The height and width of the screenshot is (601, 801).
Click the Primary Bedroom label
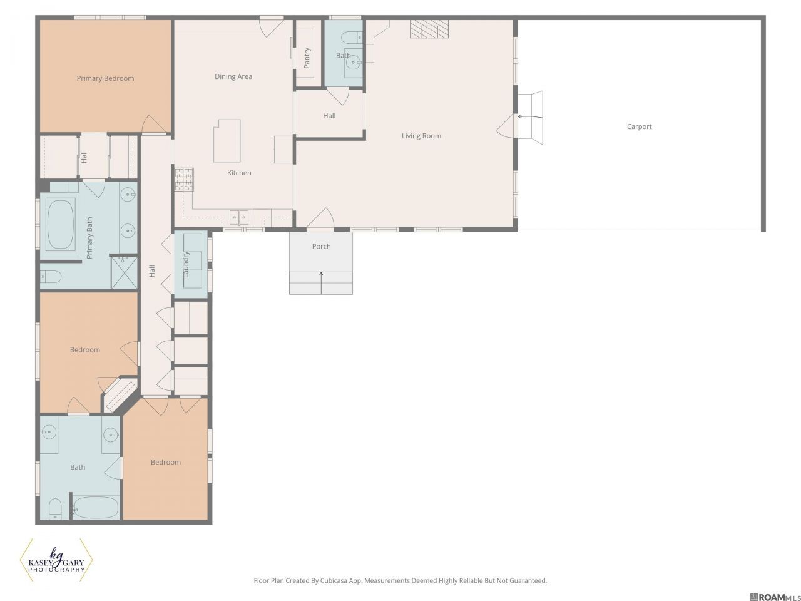106,78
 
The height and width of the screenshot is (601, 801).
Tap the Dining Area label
233,76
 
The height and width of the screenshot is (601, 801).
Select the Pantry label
307,58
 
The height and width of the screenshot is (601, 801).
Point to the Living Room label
422,136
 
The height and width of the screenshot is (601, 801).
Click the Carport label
640,126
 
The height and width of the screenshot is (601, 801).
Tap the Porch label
322,246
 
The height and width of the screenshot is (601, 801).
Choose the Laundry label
186,264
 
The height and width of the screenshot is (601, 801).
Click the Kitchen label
240,173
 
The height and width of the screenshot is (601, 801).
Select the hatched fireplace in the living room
429,29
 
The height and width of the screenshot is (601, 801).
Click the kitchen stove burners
184,179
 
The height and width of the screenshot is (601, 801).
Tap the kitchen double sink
239,217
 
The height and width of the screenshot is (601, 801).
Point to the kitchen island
227,141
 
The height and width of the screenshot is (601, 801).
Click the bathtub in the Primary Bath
61,224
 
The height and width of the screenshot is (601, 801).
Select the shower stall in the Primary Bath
124,272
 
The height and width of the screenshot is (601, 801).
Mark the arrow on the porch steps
321,283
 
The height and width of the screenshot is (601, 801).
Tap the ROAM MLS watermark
775,597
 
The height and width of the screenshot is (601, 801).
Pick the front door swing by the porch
320,218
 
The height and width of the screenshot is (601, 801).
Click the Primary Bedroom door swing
155,125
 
